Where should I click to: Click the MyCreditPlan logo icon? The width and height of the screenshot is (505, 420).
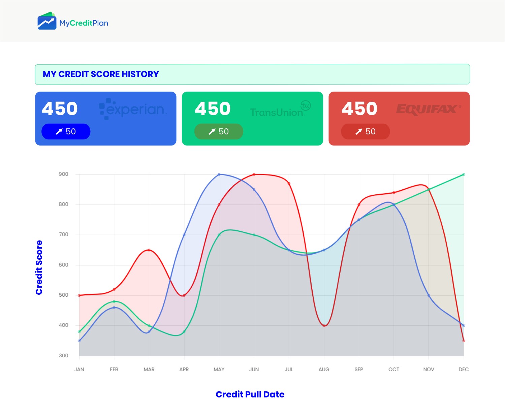click(x=47, y=21)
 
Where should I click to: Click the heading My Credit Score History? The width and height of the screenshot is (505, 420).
click(x=101, y=74)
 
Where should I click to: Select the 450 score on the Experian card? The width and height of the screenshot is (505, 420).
click(x=60, y=108)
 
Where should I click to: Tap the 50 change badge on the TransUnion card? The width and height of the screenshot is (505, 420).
click(x=219, y=131)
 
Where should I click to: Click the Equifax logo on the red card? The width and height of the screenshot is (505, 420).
click(x=428, y=109)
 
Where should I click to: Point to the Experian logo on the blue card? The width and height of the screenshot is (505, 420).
click(x=133, y=109)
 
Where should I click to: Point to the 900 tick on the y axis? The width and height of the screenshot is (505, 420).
click(x=63, y=174)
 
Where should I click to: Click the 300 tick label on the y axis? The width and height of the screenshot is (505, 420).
click(x=63, y=355)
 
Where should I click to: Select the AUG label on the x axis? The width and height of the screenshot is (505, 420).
click(x=324, y=369)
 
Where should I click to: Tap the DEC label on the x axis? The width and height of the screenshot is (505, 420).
click(x=464, y=369)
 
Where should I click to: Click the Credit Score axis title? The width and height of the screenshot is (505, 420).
click(x=39, y=267)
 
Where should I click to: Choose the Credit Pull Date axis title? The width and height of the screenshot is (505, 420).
click(x=250, y=394)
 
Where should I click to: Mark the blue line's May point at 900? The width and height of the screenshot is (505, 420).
click(x=219, y=174)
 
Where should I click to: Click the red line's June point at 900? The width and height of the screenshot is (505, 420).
click(x=254, y=174)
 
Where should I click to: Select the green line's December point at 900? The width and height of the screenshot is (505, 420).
click(x=464, y=174)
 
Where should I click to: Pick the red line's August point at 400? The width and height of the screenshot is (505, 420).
click(x=324, y=326)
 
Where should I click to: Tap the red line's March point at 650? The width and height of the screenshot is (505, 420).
click(x=149, y=250)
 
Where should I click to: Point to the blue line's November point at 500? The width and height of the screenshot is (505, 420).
click(x=429, y=295)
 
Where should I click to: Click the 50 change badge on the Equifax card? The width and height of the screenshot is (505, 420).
click(x=366, y=131)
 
